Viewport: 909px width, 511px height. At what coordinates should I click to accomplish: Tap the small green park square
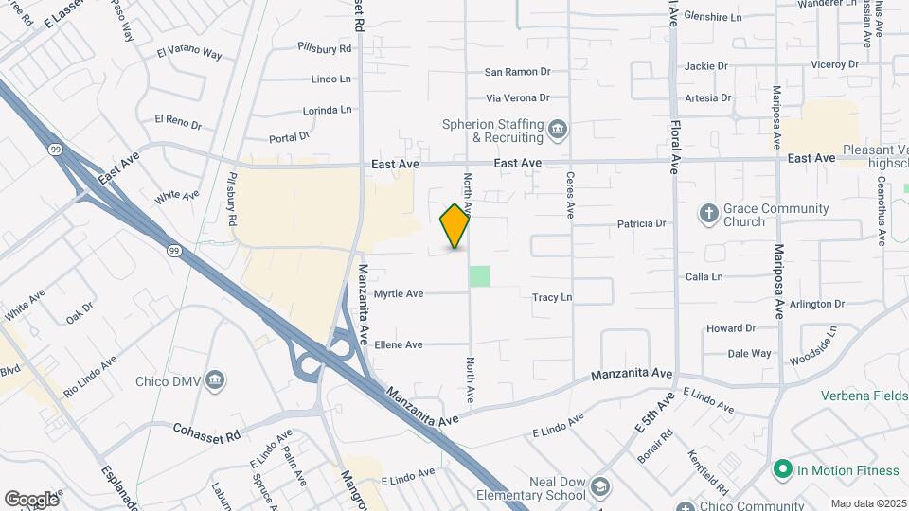click(480, 276)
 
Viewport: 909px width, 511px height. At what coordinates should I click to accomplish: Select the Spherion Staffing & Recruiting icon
click(558, 129)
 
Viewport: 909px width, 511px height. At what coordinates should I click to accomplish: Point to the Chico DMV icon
click(216, 380)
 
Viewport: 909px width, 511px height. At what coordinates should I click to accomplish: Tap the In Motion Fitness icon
click(782, 469)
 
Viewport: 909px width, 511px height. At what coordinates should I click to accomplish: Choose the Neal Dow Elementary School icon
click(599, 487)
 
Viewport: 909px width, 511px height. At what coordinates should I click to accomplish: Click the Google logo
click(31, 500)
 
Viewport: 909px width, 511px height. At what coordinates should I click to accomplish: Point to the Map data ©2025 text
click(867, 503)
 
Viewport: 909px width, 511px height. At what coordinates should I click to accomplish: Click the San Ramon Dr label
click(517, 72)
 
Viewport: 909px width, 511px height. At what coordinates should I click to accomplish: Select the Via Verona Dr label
click(517, 97)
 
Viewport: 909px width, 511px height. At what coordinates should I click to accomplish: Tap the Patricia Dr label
click(642, 224)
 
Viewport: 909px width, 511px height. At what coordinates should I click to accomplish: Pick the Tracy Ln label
click(552, 297)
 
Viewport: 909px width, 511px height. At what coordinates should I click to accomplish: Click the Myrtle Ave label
click(398, 294)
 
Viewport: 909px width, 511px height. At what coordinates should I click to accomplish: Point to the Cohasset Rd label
click(206, 430)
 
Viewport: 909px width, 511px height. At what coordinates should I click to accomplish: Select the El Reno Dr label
click(179, 121)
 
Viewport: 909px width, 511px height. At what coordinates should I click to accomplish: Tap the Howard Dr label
click(730, 328)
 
